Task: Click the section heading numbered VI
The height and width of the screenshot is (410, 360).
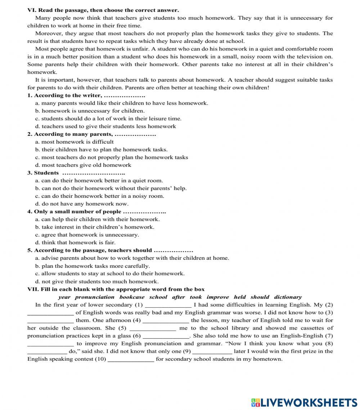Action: pyautogui.click(x=103, y=10)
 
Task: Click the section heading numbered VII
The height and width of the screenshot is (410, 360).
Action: pyautogui.click(x=116, y=289)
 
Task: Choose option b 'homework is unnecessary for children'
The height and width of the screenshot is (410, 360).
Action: pyautogui.click(x=90, y=111)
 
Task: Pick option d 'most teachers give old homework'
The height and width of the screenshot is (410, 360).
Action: pyautogui.click(x=83, y=165)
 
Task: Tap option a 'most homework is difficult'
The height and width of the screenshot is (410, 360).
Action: pyautogui.click(x=75, y=142)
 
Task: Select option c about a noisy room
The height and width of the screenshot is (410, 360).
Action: pyautogui.click(x=100, y=196)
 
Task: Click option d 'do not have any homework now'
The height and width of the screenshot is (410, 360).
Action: pyautogui.click(x=82, y=204)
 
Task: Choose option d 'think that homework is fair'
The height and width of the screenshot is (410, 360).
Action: pyautogui.click(x=75, y=243)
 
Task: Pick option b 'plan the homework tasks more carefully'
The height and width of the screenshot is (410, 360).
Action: pyautogui.click(x=93, y=266)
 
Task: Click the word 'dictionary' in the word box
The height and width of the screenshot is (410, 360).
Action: pyautogui.click(x=288, y=297)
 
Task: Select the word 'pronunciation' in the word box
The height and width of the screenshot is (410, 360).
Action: pyautogui.click(x=95, y=297)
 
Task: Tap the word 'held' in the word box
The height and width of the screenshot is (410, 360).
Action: pyautogui.click(x=240, y=297)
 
